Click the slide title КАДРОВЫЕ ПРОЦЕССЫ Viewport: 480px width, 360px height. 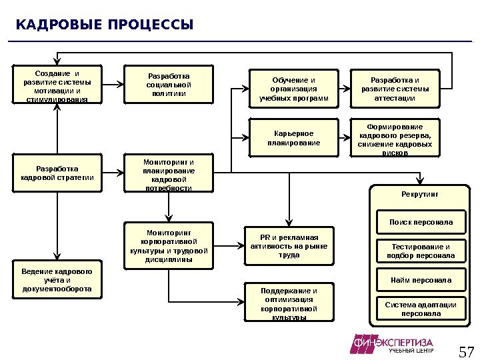coord(104,25)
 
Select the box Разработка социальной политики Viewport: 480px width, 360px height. coord(169,85)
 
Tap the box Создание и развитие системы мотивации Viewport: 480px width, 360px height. coord(57,85)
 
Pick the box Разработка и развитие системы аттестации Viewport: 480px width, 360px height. coord(395,89)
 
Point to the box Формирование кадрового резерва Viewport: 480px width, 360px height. coord(395,138)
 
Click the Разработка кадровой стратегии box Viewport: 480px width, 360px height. coord(57,173)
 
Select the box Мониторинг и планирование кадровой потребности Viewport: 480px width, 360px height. coord(169,175)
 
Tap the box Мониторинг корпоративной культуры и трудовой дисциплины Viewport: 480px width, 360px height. coord(169,246)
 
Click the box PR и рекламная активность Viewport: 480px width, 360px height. coord(289,246)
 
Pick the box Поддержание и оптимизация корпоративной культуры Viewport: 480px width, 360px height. coord(289,303)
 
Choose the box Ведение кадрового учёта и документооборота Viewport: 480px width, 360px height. coord(57,281)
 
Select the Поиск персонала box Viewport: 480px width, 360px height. coord(421,222)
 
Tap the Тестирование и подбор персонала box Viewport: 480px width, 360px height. coord(421,251)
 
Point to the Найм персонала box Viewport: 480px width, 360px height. coord(421,280)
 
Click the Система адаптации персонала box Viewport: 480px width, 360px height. coord(421,309)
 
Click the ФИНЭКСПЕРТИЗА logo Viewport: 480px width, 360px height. coord(393,344)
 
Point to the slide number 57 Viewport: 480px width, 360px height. coord(466,351)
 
